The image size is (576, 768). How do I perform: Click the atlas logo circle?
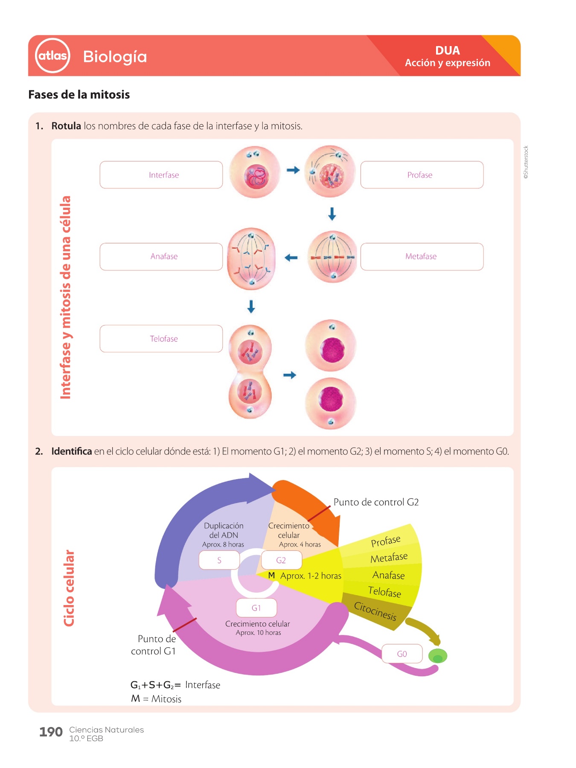pyautogui.click(x=52, y=55)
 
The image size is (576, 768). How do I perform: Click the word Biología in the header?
pyautogui.click(x=115, y=56)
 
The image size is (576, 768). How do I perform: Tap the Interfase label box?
pyautogui.click(x=161, y=175)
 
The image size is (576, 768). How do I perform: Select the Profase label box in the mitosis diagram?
pyautogui.click(x=422, y=175)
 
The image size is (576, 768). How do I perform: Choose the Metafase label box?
pyautogui.click(x=422, y=256)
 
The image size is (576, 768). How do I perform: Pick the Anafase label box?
pyautogui.click(x=161, y=256)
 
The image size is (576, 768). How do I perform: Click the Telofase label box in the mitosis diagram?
pyautogui.click(x=161, y=339)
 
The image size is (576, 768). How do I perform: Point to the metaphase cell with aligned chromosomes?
pyautogui.click(x=332, y=257)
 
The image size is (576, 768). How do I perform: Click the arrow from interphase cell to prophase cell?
pyautogui.click(x=293, y=170)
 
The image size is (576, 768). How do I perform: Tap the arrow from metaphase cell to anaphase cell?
pyautogui.click(x=291, y=258)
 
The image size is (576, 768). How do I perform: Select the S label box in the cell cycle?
pyautogui.click(x=219, y=560)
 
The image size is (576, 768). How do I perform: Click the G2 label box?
pyautogui.click(x=281, y=560)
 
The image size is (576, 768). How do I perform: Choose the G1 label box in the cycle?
pyautogui.click(x=256, y=608)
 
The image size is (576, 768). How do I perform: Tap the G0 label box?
pyautogui.click(x=402, y=654)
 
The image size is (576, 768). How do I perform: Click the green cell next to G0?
pyautogui.click(x=437, y=656)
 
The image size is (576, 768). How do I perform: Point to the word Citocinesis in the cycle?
pyautogui.click(x=375, y=611)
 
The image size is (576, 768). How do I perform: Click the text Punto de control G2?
pyautogui.click(x=376, y=502)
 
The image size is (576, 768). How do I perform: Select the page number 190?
pyautogui.click(x=51, y=732)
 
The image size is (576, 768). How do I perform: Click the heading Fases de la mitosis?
pyautogui.click(x=79, y=94)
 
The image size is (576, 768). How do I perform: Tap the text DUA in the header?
pyautogui.click(x=447, y=50)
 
